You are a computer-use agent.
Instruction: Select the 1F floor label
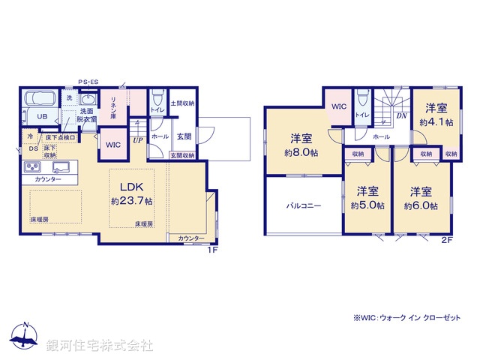pyautogui.click(x=212, y=250)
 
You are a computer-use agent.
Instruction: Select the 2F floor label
pyautogui.click(x=448, y=240)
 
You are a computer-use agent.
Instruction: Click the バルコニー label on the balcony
pyautogui.click(x=303, y=203)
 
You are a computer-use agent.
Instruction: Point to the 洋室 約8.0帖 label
pyautogui.click(x=301, y=145)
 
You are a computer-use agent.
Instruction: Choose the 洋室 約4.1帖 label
pyautogui.click(x=436, y=115)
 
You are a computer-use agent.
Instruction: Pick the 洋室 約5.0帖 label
pyautogui.click(x=367, y=198)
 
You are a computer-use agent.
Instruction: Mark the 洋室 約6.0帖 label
pyautogui.click(x=420, y=198)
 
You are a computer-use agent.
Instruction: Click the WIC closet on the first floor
pyautogui.click(x=112, y=145)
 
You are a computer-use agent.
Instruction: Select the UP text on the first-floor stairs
pyautogui.click(x=138, y=140)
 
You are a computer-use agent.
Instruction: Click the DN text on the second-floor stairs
pyautogui.click(x=401, y=115)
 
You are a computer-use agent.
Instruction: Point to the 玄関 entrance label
pyautogui.click(x=183, y=136)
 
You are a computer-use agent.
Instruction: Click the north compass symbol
pyautogui.click(x=25, y=337)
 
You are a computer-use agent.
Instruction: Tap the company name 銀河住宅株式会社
pyautogui.click(x=100, y=346)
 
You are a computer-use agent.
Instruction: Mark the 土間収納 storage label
pyautogui.click(x=183, y=103)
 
